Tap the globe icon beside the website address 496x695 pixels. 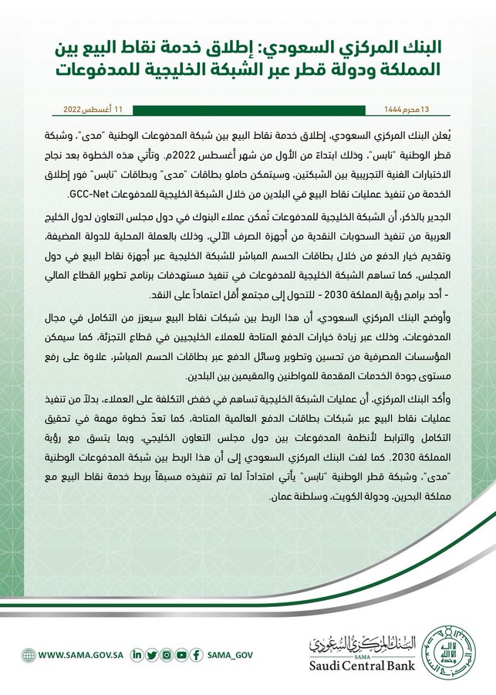[29, 655]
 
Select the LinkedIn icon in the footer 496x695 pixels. [137, 655]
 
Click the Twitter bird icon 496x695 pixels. [152, 655]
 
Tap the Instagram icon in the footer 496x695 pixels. [167, 655]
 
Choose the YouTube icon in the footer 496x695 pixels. [181, 655]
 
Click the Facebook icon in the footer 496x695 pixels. [197, 655]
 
